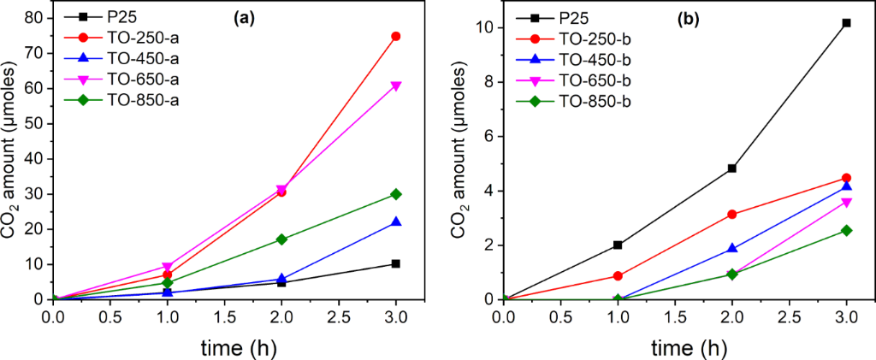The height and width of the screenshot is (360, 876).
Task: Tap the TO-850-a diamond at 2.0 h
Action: pos(281,239)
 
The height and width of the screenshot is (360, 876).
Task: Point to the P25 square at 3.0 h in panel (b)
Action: pos(846,23)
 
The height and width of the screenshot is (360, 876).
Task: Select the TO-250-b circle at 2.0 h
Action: pos(732,215)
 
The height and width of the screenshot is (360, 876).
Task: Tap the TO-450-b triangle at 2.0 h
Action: pos(732,249)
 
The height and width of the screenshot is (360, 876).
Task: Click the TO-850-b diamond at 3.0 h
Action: pos(846,230)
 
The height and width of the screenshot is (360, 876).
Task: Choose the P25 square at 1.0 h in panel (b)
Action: pos(618,245)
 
